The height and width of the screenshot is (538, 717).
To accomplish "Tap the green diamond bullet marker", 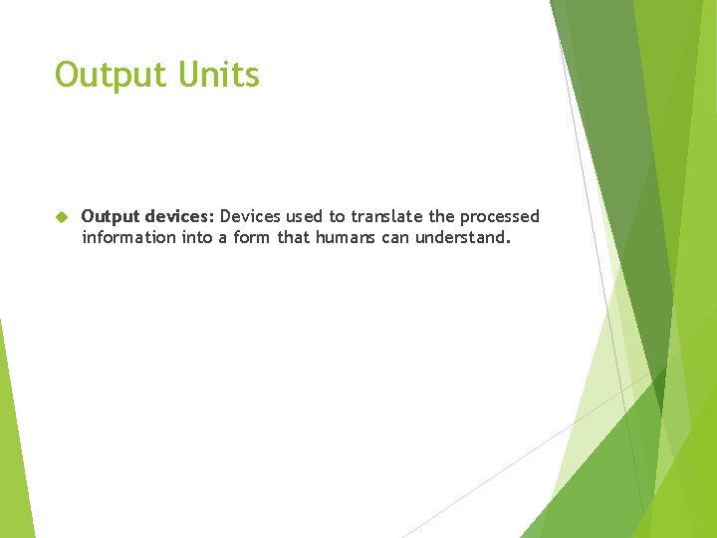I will click(x=60, y=216).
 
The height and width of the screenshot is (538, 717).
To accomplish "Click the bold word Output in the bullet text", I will click(x=110, y=216).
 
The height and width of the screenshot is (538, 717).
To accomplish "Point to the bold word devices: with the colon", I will click(x=179, y=216).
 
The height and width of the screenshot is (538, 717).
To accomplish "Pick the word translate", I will click(x=387, y=216).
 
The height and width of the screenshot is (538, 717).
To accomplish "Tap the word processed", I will click(x=501, y=216).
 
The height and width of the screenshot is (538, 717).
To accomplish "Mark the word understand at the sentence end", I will click(x=463, y=237).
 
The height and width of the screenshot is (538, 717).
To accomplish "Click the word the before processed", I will click(x=442, y=216).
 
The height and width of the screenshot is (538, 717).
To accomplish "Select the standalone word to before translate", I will click(x=340, y=216).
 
